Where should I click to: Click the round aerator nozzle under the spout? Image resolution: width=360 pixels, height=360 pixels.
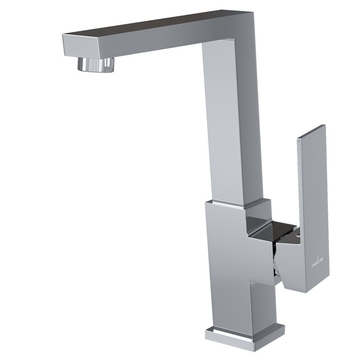(96, 64)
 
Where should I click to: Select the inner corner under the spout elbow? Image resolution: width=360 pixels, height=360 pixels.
(203, 42)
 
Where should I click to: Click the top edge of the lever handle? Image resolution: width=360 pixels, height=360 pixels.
(313, 131)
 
